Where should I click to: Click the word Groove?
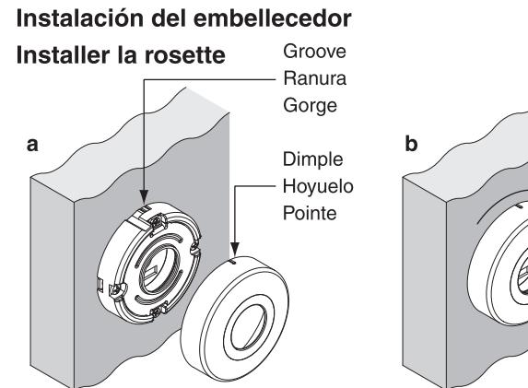314,52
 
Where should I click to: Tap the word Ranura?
315,78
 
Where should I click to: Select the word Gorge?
311,106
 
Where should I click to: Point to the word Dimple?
312,160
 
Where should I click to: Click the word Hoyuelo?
318,186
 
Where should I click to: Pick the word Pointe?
310,213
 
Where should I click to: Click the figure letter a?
32,146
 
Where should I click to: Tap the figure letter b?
412,144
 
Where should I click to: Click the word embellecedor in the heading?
273,18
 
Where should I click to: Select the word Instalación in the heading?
81,18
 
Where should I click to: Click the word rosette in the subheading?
185,55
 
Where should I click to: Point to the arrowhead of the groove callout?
144,196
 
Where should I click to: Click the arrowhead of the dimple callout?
235,248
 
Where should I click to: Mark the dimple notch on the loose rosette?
233,261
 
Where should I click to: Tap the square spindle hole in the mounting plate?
155,269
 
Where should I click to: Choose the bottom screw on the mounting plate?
157,312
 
